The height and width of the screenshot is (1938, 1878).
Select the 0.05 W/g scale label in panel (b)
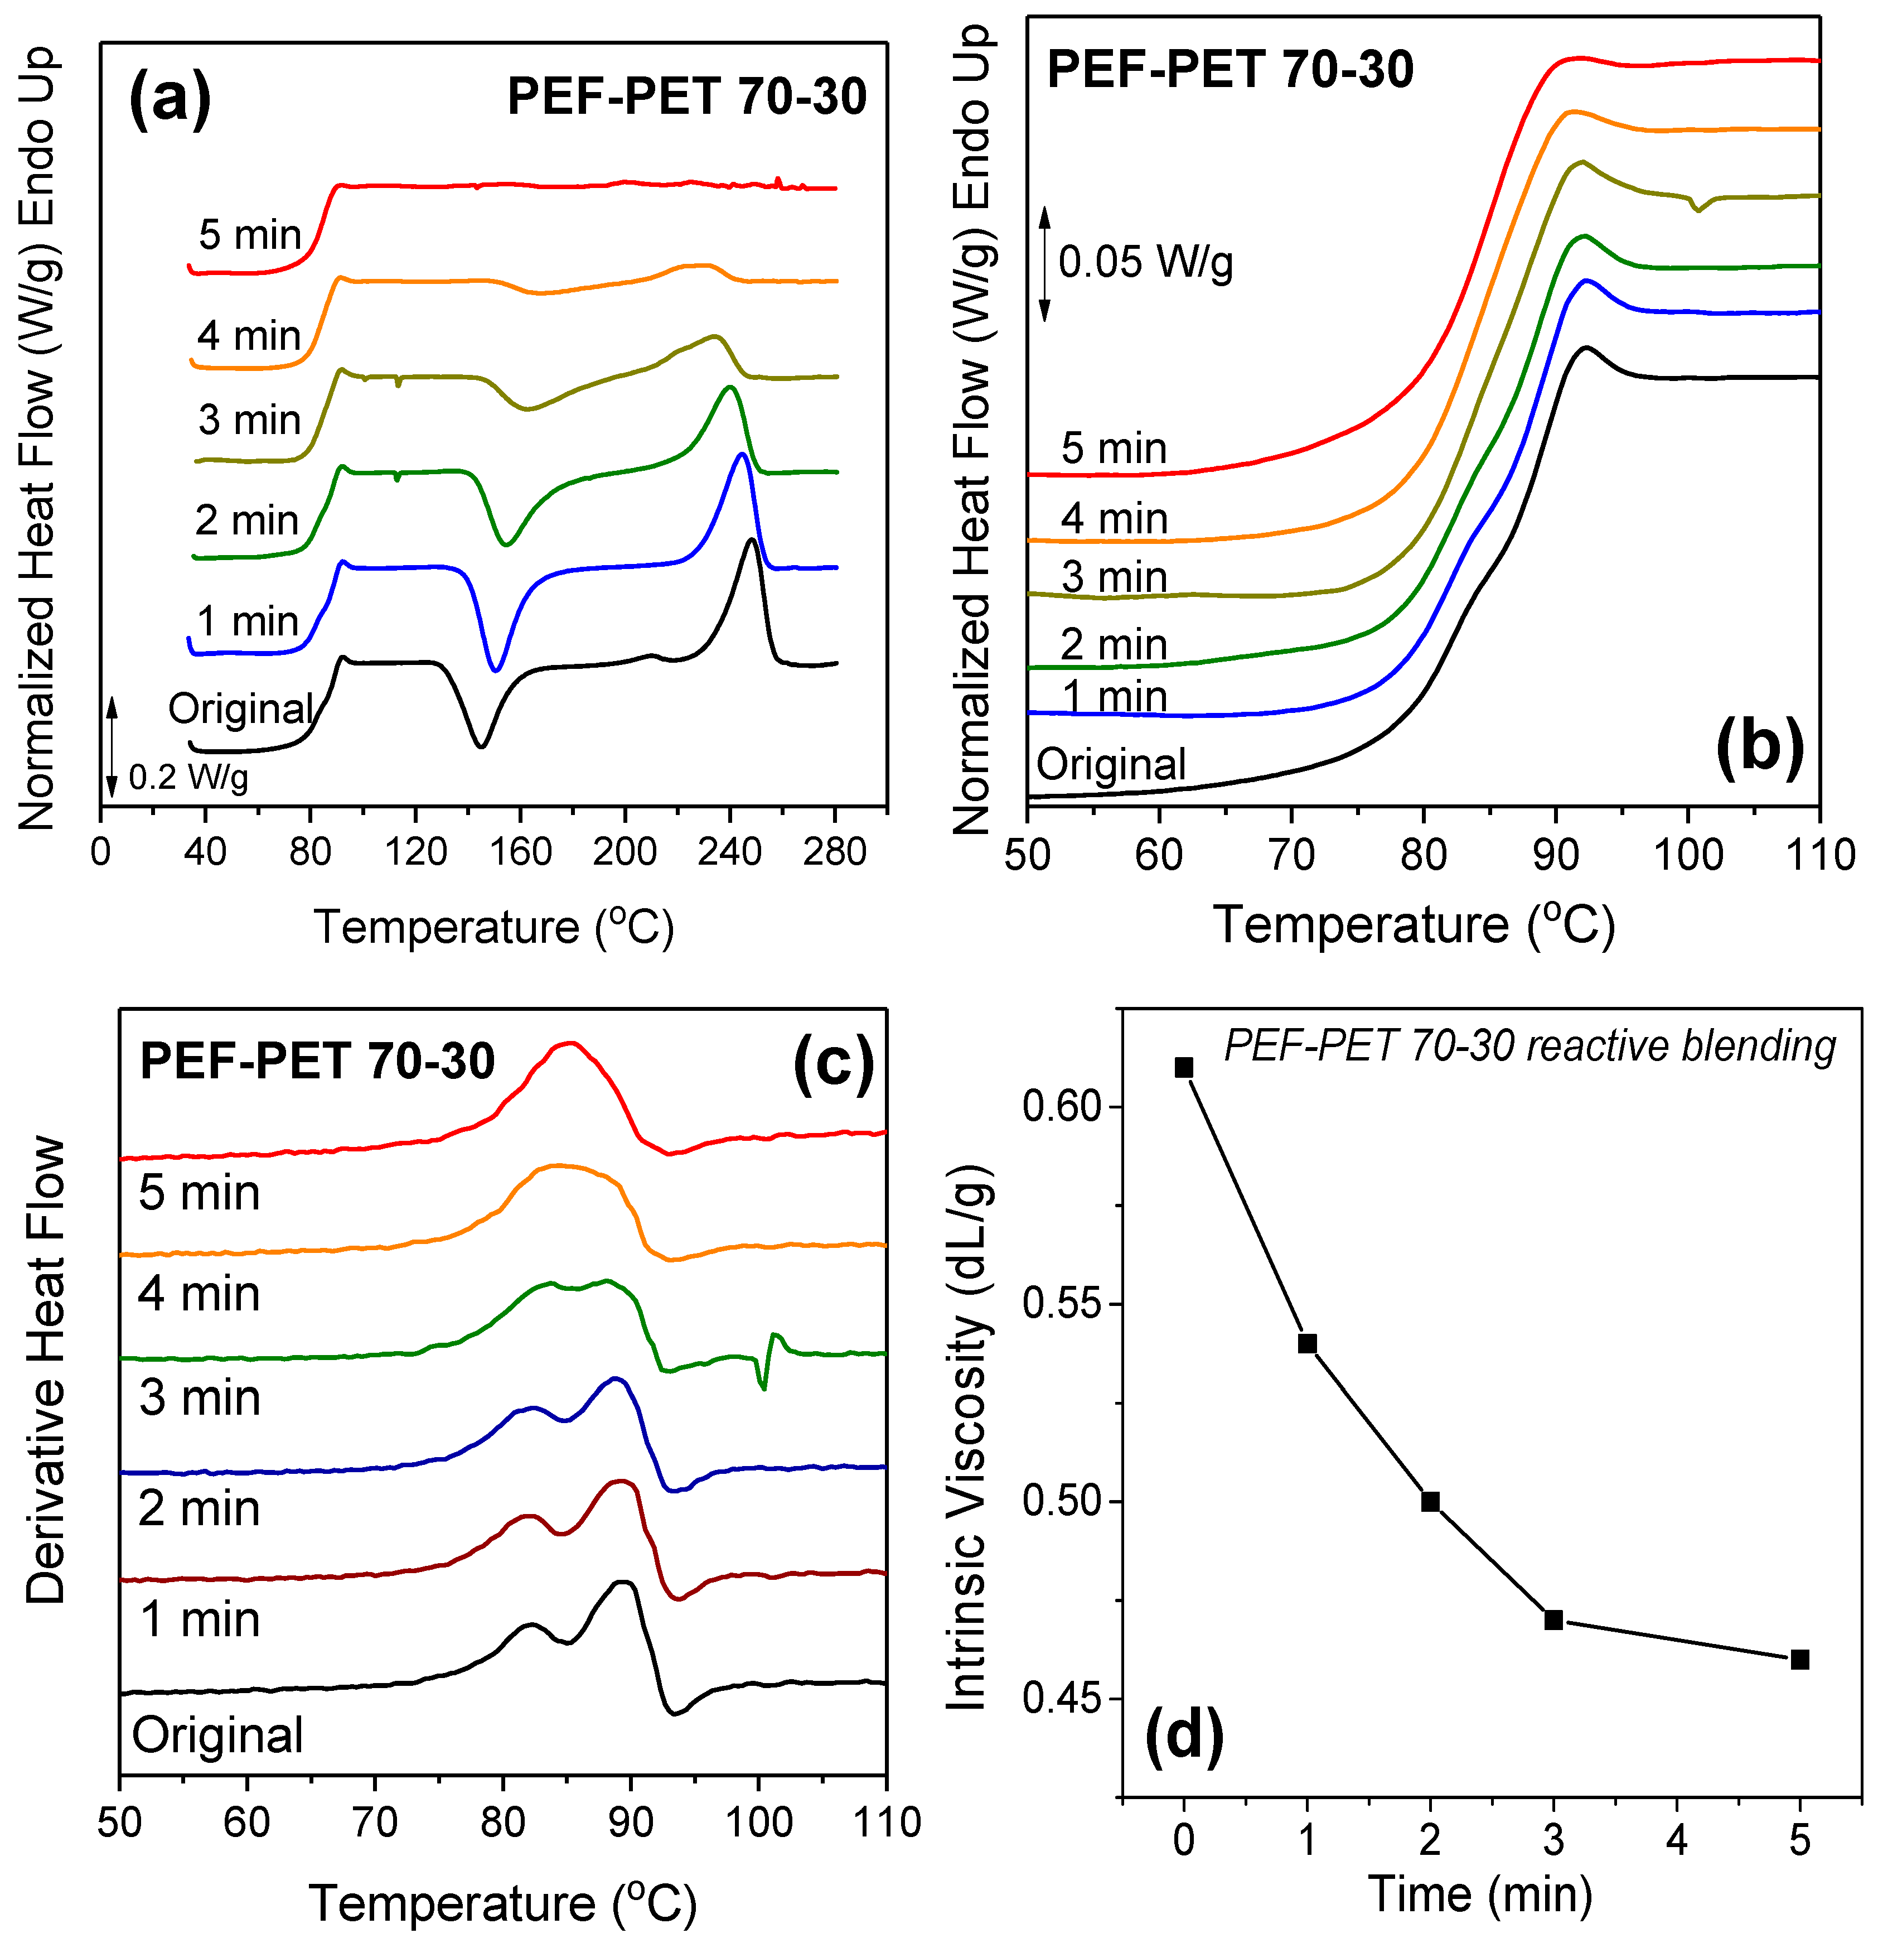(x=1145, y=263)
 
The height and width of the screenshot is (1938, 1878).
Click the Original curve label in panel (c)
(x=217, y=1735)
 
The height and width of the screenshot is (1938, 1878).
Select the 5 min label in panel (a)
(x=250, y=235)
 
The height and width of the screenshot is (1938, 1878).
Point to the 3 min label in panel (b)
(x=1114, y=577)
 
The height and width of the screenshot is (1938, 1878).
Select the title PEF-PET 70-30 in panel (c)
(x=317, y=1061)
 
